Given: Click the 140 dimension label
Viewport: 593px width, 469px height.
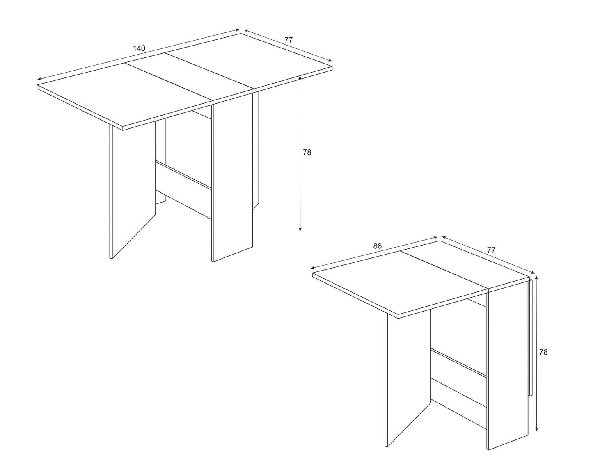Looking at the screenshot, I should (x=139, y=48).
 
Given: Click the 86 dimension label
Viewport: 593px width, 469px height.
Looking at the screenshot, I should (x=378, y=246).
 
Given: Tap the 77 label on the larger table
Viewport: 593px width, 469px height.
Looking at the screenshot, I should (x=288, y=40).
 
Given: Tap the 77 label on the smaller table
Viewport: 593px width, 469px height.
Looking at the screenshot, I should (x=491, y=249).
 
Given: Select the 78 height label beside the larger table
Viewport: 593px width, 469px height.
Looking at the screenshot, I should (x=307, y=152).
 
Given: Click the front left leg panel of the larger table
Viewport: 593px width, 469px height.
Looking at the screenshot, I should (x=133, y=189).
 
